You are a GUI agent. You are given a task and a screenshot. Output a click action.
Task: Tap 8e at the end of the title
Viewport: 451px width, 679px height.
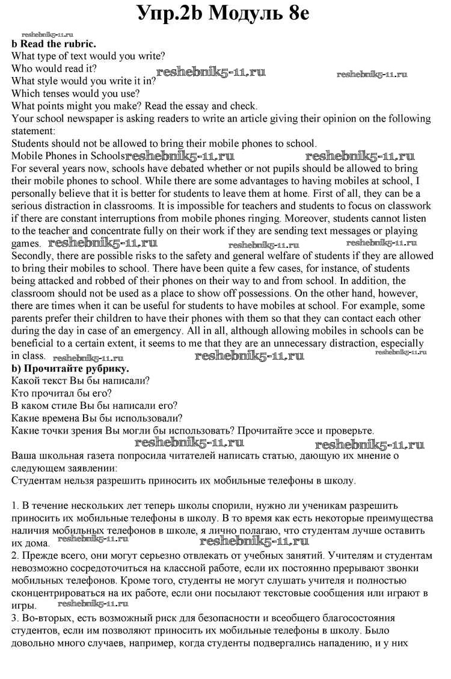coord(294,13)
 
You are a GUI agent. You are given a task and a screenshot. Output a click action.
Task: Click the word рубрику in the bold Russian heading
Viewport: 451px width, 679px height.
coord(106,368)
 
